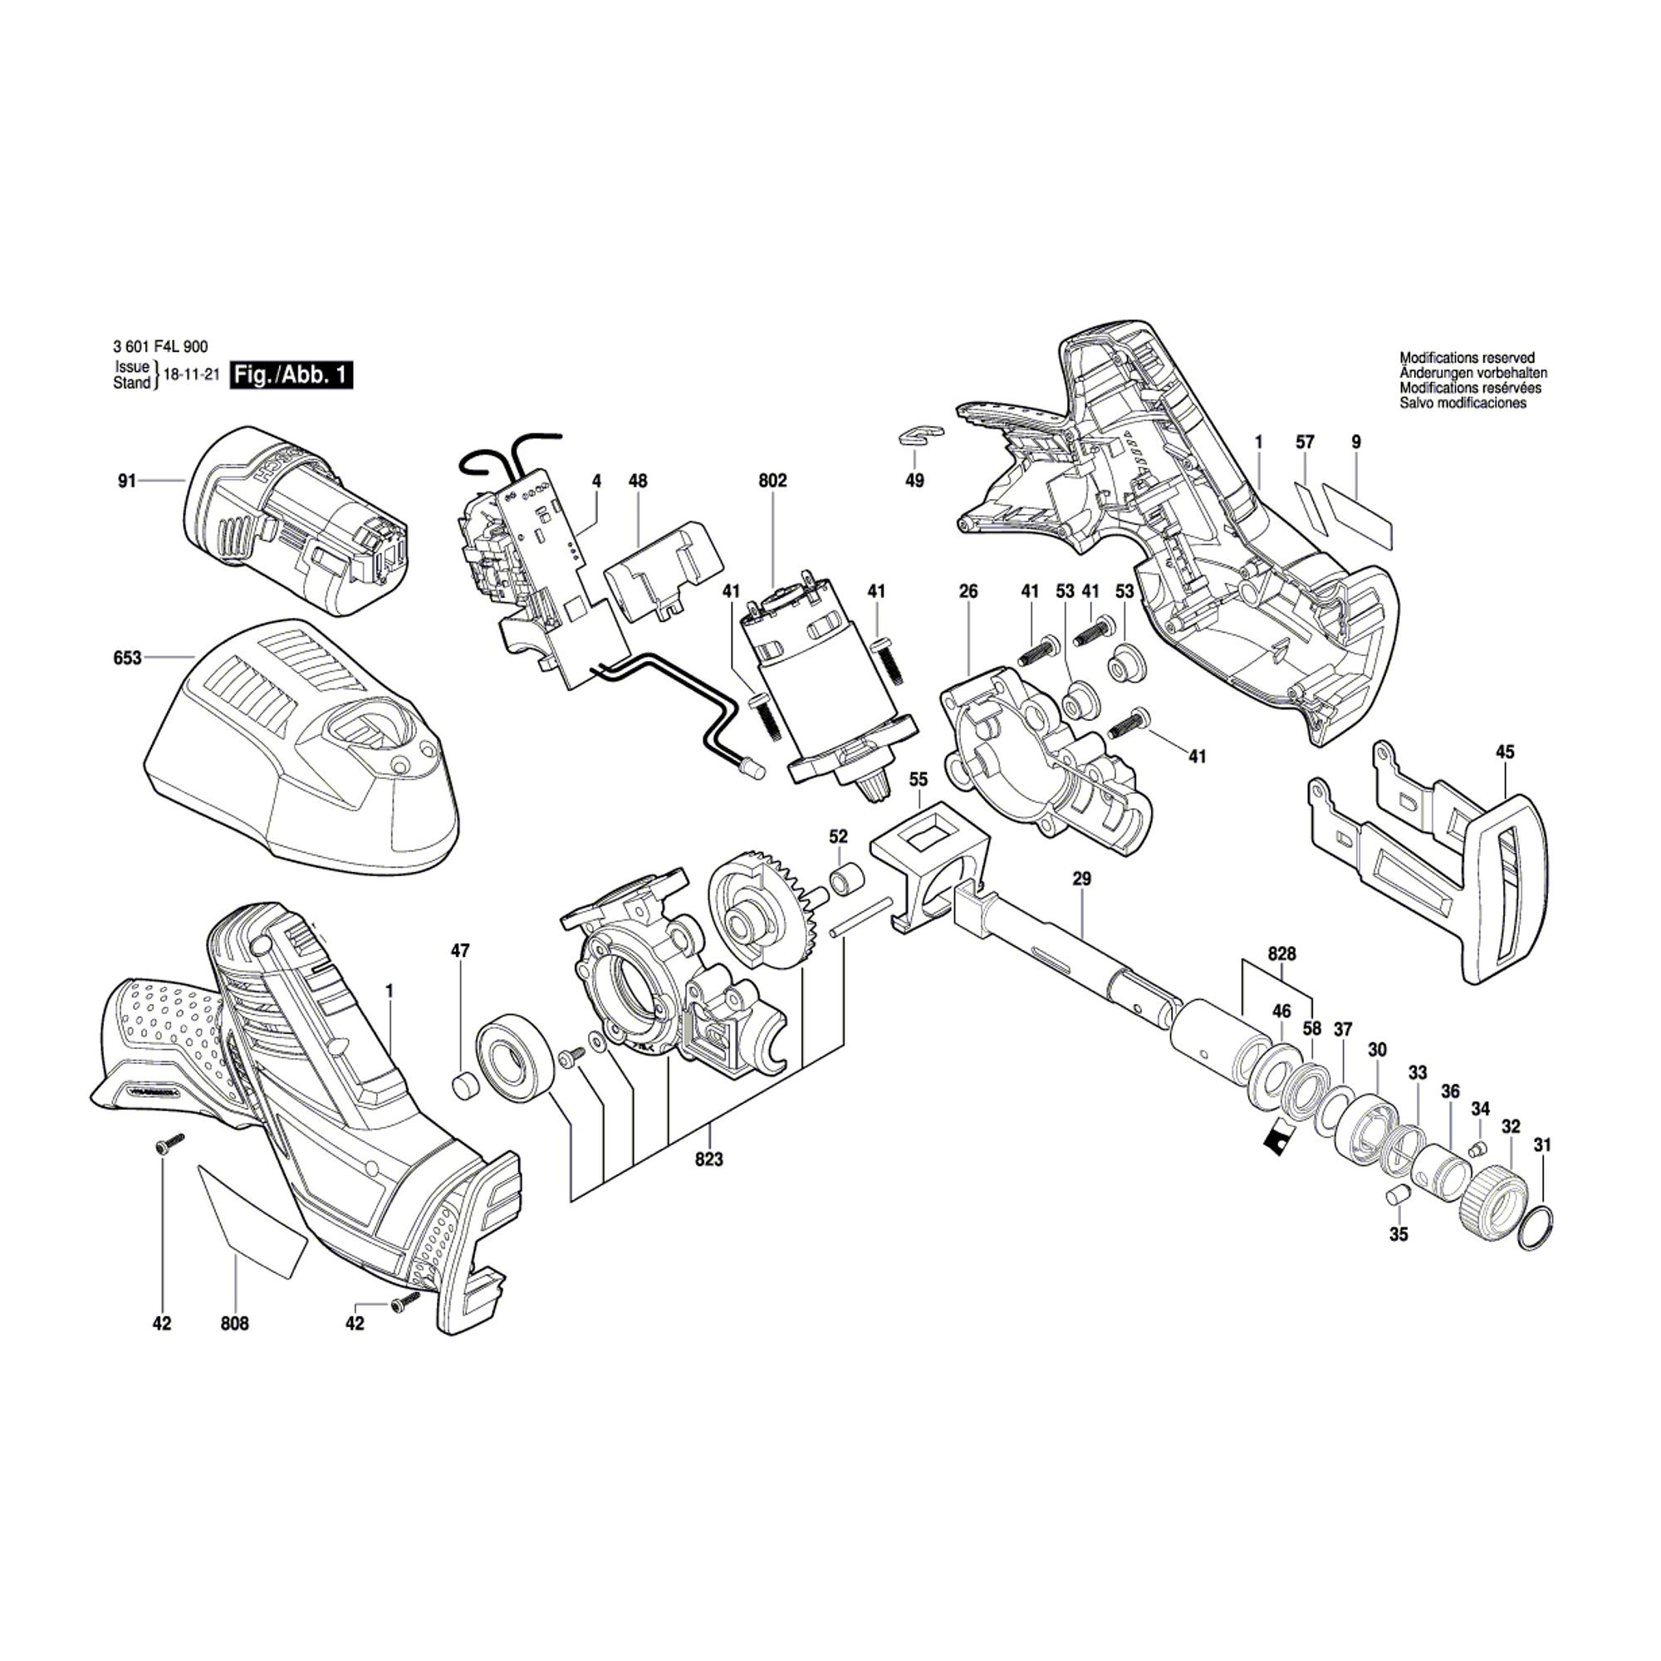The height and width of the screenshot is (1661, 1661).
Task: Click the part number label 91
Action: (127, 482)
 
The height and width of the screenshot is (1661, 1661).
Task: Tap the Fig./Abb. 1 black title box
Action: (292, 375)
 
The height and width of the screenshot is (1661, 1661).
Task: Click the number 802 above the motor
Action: (773, 482)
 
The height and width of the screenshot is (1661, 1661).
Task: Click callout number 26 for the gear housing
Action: (969, 591)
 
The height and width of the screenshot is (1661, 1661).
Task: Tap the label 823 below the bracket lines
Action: (709, 1159)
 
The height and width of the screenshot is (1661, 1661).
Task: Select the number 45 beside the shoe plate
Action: (1505, 752)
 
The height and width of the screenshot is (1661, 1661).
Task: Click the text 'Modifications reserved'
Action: (1467, 358)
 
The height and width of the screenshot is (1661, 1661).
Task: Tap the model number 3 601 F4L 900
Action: (160, 346)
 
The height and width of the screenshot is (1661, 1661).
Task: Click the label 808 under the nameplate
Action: (235, 1324)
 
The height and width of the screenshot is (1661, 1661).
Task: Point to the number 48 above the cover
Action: (637, 482)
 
